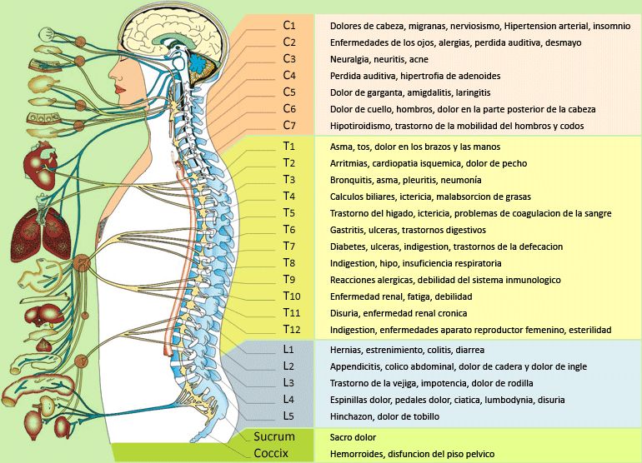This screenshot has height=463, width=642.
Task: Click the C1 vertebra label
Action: (289, 26)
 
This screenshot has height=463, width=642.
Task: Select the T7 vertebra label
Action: (289, 246)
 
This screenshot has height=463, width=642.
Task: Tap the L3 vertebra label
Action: (289, 383)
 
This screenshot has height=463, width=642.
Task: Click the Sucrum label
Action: (274, 436)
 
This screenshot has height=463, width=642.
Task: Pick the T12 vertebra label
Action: (292, 330)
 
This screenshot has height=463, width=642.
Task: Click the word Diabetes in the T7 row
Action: (349, 246)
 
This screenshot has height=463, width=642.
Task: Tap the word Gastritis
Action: (349, 230)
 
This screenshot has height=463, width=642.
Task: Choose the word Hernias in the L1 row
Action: (347, 350)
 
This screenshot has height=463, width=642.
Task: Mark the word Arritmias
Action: (351, 163)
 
